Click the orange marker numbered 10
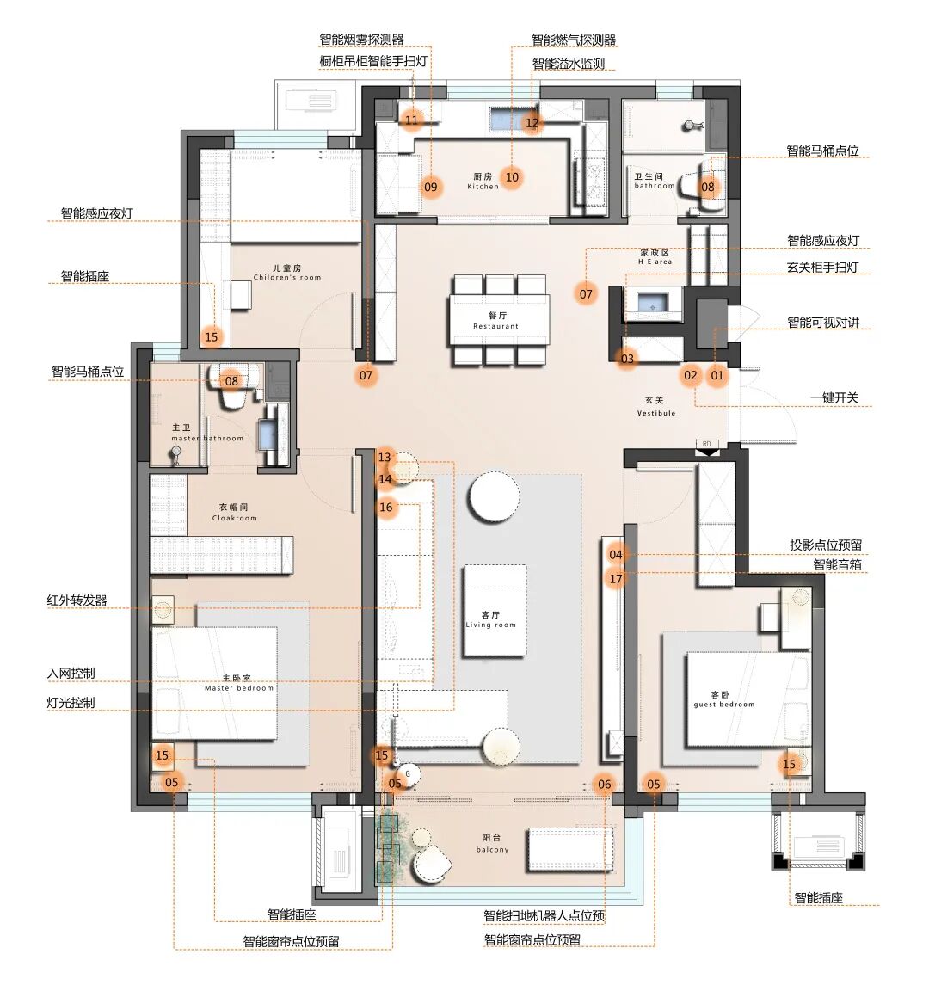pos(512,177)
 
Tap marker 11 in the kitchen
pos(411,120)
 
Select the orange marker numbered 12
pos(532,123)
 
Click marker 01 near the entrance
pos(717,376)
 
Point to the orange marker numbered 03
pos(627,360)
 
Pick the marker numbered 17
pos(616,579)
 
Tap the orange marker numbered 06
pos(604,784)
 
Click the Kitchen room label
pos(483,182)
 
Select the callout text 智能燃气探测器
pos(574,40)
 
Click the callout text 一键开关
pos(834,397)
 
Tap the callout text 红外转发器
pos(77,600)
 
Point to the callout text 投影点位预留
pos(826,545)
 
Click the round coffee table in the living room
pos(494,496)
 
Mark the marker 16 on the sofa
pos(385,507)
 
